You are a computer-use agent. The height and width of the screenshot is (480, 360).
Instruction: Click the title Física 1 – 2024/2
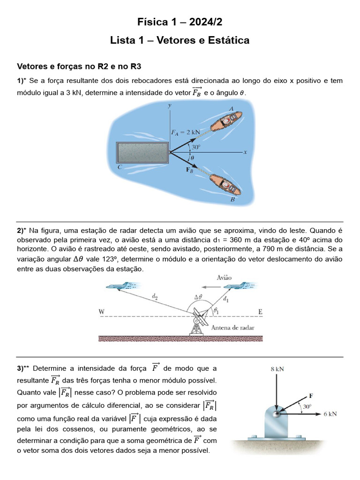(x=180, y=22)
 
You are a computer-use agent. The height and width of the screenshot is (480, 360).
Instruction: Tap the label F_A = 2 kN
(x=185, y=132)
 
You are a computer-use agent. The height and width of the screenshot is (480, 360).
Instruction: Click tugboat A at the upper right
(x=225, y=121)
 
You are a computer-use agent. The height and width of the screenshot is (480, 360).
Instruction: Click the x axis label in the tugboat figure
(x=245, y=152)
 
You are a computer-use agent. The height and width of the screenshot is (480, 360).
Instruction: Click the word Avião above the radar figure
(x=224, y=277)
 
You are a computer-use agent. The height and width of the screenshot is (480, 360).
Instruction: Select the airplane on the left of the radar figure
(x=120, y=286)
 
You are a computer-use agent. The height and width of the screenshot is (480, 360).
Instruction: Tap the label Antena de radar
(x=233, y=328)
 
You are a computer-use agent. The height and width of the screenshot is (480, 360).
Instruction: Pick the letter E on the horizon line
(x=261, y=311)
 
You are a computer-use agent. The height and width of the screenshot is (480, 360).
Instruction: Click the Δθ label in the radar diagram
(x=198, y=297)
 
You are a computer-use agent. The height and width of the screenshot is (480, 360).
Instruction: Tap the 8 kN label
(x=277, y=369)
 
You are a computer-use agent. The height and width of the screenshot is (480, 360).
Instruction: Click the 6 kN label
(x=330, y=414)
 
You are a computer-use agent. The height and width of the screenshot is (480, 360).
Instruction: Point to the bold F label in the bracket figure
(x=311, y=395)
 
